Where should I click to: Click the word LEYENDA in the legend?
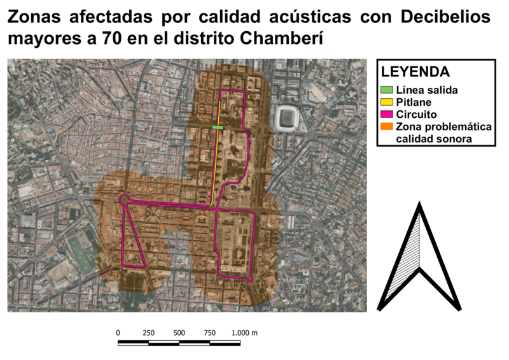(x=415, y=71)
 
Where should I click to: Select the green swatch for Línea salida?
(x=387, y=90)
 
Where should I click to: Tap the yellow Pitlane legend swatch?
(x=387, y=102)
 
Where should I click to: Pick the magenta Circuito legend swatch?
(x=387, y=115)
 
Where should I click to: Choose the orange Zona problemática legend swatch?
(x=387, y=127)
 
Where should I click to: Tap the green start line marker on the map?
(x=218, y=128)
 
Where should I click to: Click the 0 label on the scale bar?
(x=118, y=333)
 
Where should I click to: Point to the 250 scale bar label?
(x=149, y=333)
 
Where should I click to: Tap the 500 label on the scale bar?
(x=179, y=333)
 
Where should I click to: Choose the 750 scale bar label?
(x=210, y=333)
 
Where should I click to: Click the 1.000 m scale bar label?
(x=245, y=333)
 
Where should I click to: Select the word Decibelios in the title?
(x=446, y=17)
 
